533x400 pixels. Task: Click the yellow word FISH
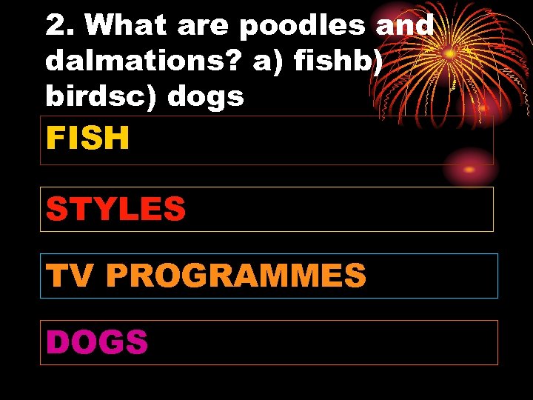pos(88,138)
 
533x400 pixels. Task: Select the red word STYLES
pos(115,209)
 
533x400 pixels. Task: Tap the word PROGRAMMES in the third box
pos(236,276)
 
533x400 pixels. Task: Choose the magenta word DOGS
pos(97,342)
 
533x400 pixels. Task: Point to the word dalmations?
pos(144,62)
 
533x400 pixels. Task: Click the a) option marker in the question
pos(269,62)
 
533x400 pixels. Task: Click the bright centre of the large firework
pos(449,53)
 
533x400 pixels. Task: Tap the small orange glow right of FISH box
pos(469,170)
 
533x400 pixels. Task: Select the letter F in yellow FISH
pos(56,138)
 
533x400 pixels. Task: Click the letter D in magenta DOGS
pos(58,342)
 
